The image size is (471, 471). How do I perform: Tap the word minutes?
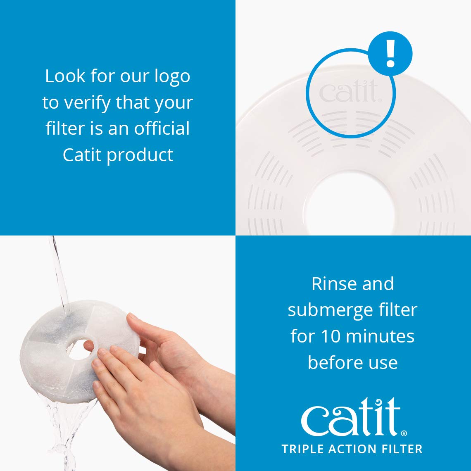(375, 336)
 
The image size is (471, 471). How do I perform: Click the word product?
(140, 155)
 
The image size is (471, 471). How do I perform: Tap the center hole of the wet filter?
(79, 349)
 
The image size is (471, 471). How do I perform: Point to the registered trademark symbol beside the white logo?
(404, 433)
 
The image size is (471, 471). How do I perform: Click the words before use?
(352, 362)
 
